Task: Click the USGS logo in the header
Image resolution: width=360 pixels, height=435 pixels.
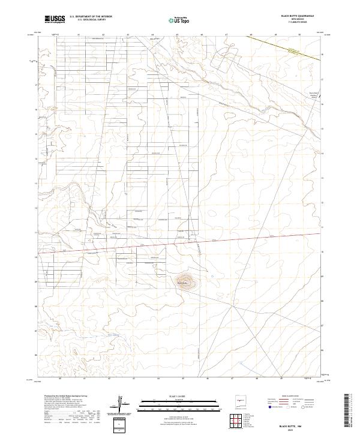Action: coord(55,19)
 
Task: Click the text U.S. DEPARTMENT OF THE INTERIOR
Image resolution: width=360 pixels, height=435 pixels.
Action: coord(91,17)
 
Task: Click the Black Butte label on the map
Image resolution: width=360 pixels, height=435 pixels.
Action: coord(183,281)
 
